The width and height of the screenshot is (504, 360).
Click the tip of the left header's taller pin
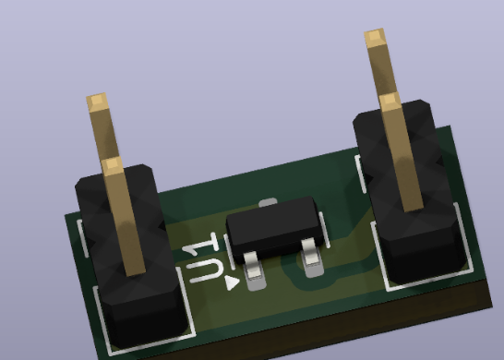click(x=96, y=102)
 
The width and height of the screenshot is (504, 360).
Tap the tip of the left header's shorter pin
click(x=112, y=165)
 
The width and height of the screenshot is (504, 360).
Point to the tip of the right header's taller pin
click(x=375, y=37)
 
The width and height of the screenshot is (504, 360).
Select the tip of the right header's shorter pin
click(x=390, y=101)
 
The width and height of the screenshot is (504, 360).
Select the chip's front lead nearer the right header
click(x=311, y=258)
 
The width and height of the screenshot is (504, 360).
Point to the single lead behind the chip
click(x=268, y=202)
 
